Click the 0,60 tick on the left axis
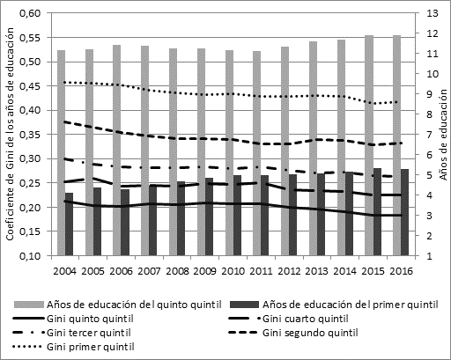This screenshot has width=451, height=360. (x=30, y=14)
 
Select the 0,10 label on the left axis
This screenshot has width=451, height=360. (x=30, y=256)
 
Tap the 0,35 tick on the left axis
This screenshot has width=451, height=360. (x=30, y=136)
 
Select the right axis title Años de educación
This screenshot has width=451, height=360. (x=443, y=136)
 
